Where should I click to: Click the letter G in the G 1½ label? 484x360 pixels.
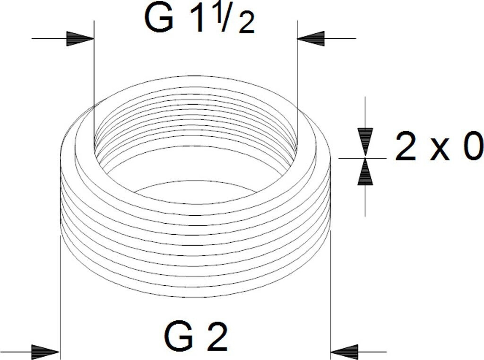[158, 19]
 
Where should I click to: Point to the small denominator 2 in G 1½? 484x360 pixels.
[246, 25]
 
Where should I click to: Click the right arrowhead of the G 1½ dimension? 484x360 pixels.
[311, 38]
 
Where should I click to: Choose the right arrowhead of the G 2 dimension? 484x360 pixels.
[345, 352]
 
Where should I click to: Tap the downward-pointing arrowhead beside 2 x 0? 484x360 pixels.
[365, 141]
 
